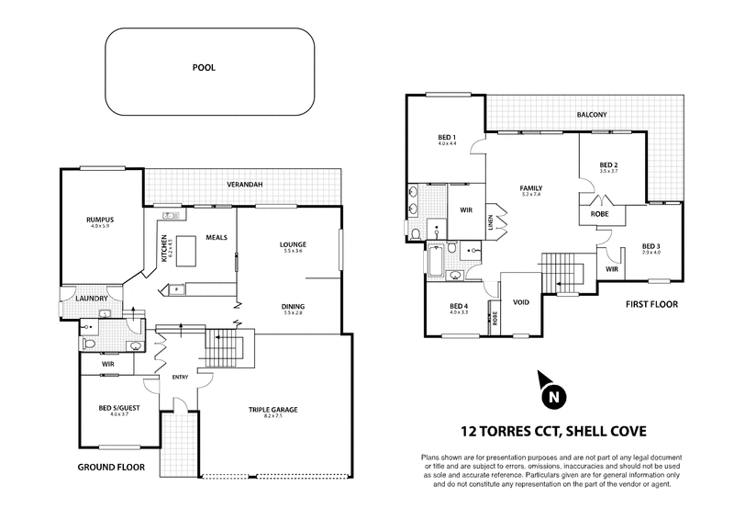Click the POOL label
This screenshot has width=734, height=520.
[x=204, y=68]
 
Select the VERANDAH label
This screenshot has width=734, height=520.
[x=245, y=185]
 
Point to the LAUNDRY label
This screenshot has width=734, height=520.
[x=95, y=299]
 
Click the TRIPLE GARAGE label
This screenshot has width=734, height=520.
[x=273, y=409]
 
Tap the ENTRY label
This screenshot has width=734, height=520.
[x=180, y=377]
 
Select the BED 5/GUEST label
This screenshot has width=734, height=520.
[x=117, y=408]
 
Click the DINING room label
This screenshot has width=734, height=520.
[x=294, y=306]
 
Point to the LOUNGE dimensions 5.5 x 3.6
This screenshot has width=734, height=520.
[x=294, y=252]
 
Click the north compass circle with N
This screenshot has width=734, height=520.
[x=552, y=397]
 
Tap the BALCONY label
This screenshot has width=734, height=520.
[x=592, y=115]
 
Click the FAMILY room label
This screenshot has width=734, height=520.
[x=531, y=187]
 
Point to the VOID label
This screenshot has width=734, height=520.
[x=520, y=301]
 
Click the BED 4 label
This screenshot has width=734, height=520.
[x=459, y=306]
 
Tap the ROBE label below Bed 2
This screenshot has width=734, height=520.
[x=600, y=215]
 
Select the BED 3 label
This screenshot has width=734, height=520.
[x=651, y=245]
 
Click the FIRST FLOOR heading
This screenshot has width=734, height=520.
[x=651, y=304]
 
